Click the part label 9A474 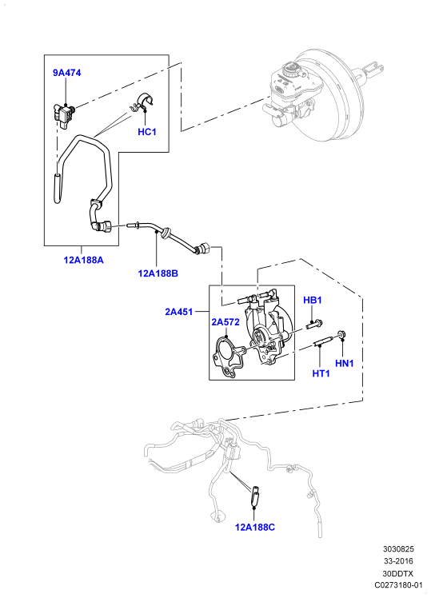tap(66, 73)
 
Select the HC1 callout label tap(147, 132)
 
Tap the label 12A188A tap(83, 260)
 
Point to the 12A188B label tap(158, 273)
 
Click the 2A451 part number tap(179, 312)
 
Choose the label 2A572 tap(225, 322)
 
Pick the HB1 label tap(313, 300)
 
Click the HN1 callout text tap(345, 364)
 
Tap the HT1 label tap(321, 373)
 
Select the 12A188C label tap(255, 528)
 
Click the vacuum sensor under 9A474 tap(64, 114)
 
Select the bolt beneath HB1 tap(314, 325)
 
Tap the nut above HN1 tap(341, 336)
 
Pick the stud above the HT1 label tap(323, 341)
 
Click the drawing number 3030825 tap(398, 549)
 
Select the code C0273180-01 tap(398, 585)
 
